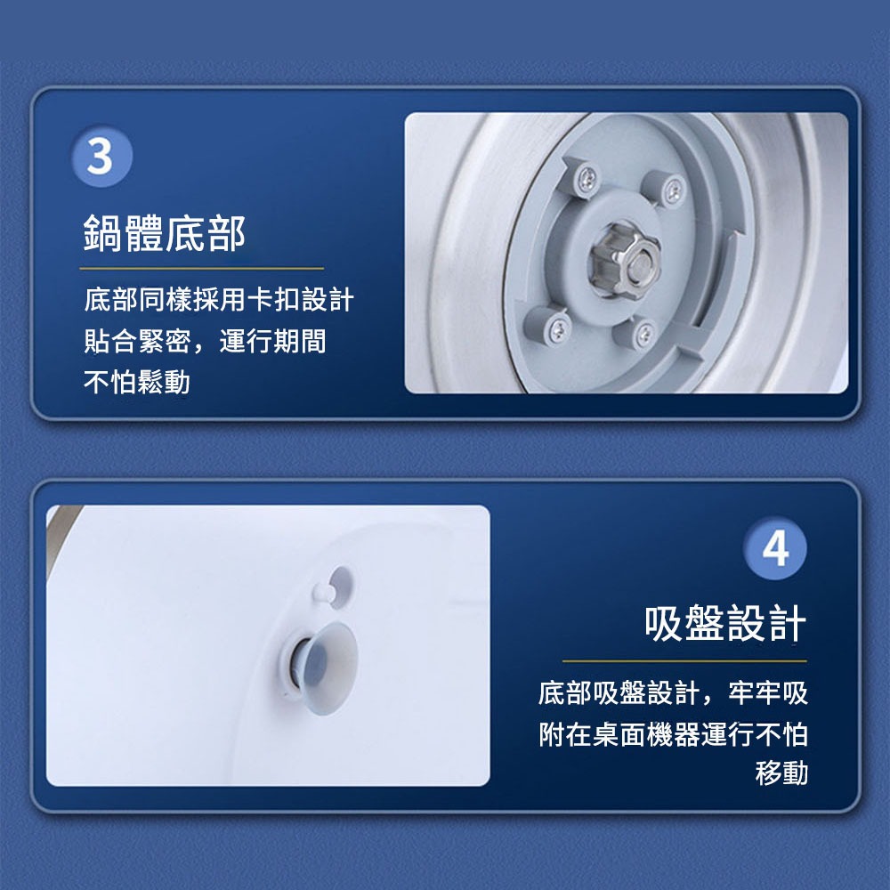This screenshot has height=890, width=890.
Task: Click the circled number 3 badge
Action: [102, 156]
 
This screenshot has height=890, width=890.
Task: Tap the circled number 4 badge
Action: [775, 547]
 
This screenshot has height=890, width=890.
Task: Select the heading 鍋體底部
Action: [164, 233]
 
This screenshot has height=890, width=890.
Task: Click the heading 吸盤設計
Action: [725, 623]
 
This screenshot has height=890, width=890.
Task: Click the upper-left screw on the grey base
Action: [587, 180]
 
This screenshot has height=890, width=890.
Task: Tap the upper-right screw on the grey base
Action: [674, 190]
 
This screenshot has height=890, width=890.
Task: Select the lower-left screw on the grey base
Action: [558, 329]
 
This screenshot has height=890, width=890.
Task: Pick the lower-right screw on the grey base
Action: [644, 334]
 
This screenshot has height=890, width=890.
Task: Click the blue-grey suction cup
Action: [325, 668]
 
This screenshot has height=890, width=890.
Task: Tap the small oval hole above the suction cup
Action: [341, 587]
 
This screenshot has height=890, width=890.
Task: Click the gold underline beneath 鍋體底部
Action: [201, 268]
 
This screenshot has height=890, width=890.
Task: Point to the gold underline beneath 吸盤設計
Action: [684, 660]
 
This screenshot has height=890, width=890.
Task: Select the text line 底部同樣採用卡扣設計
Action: [219, 300]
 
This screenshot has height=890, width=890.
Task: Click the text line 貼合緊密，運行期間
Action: [205, 341]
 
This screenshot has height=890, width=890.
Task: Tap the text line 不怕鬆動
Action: [137, 382]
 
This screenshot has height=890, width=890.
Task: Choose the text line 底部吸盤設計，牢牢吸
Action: [673, 693]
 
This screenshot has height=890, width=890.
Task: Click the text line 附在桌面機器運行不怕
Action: [673, 734]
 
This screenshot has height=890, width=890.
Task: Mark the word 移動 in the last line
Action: [781, 773]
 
